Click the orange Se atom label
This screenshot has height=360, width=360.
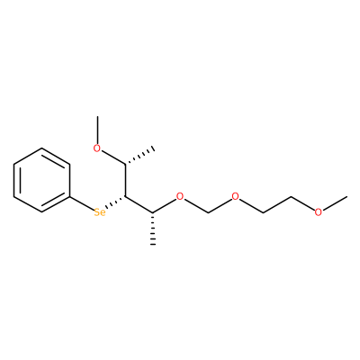coord(100,212)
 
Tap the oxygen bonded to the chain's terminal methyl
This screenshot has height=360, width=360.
coord(319,212)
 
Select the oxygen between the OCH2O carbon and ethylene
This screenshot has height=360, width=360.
coord(236,196)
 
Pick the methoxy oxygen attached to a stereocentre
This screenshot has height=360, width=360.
coord(96,148)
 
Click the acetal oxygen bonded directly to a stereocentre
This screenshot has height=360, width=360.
coord(180,196)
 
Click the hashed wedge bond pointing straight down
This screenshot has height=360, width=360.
coord(153,229)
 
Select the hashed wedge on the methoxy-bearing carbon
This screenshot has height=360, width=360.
coord(139,156)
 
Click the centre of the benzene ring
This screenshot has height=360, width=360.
coord(41,180)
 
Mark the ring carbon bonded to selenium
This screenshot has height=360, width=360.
coord(69,197)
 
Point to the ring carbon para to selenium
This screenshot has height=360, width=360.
coord(13,164)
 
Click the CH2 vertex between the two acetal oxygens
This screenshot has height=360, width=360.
coord(208,212)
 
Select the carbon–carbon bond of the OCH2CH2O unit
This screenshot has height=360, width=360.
coord(277,205)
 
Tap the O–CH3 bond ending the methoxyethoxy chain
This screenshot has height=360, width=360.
coord(336,202)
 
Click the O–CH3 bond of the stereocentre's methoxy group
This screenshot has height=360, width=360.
coord(97,130)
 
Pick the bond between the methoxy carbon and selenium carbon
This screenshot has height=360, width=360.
coord(125,180)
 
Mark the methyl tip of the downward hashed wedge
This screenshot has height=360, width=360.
coord(153,245)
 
